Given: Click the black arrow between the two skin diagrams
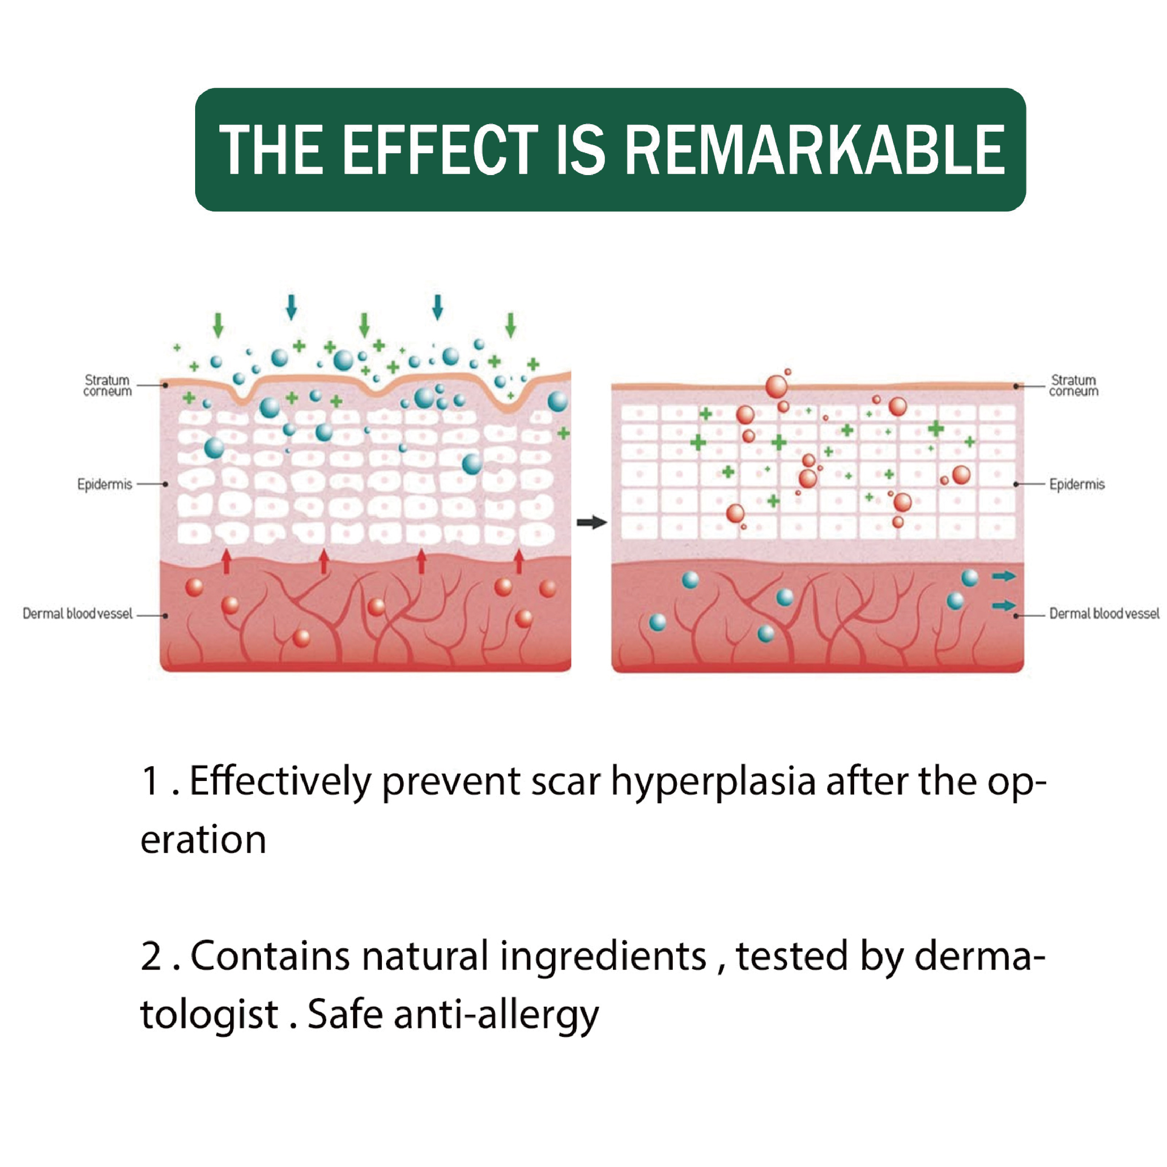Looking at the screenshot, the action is pyautogui.click(x=592, y=522).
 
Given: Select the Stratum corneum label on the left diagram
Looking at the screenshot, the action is pyautogui.click(x=107, y=386).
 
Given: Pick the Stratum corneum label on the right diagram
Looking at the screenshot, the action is pyautogui.click(x=1073, y=386).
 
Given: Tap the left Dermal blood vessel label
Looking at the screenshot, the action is pyautogui.click(x=77, y=614).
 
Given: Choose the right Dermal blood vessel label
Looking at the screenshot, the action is pyautogui.click(x=1104, y=614).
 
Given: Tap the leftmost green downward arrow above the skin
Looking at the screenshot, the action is pyautogui.click(x=218, y=325).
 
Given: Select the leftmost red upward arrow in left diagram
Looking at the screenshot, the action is pyautogui.click(x=226, y=561).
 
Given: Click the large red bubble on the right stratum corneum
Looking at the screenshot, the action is pyautogui.click(x=777, y=387).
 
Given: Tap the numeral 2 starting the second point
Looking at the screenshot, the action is pyautogui.click(x=151, y=956).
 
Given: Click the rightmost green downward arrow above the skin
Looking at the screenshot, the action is pyautogui.click(x=510, y=325).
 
